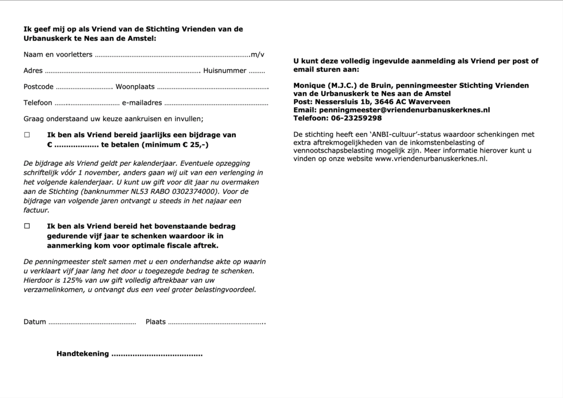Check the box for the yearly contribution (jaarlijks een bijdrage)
pos(27,134)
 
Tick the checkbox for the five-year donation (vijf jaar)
pos(27,226)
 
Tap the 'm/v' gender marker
pos(257,54)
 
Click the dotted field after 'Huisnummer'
pos(257,71)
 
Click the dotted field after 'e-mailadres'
pos(216,103)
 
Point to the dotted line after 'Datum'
pos(92,322)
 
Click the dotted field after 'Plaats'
pos(217,322)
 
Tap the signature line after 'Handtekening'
pos(157,354)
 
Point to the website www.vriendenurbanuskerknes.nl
pos(431,159)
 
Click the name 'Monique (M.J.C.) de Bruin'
pos(343,86)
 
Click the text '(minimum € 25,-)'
pos(175,145)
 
